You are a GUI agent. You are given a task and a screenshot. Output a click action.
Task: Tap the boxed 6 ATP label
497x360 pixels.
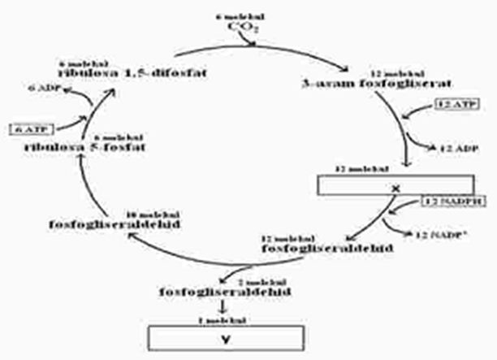(x=29, y=128)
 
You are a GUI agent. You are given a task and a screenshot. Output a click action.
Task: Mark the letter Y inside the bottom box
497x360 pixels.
(x=226, y=338)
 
